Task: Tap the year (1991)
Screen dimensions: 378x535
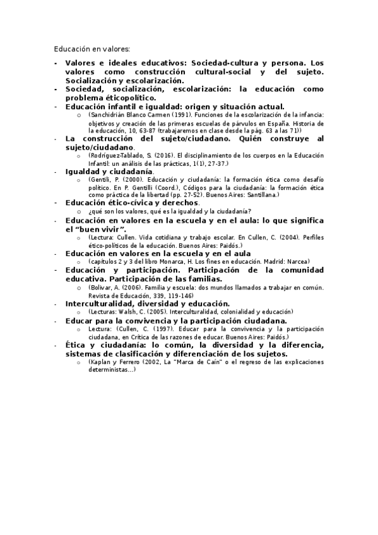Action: click(x=175, y=115)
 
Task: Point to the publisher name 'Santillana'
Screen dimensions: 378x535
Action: click(x=259, y=195)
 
